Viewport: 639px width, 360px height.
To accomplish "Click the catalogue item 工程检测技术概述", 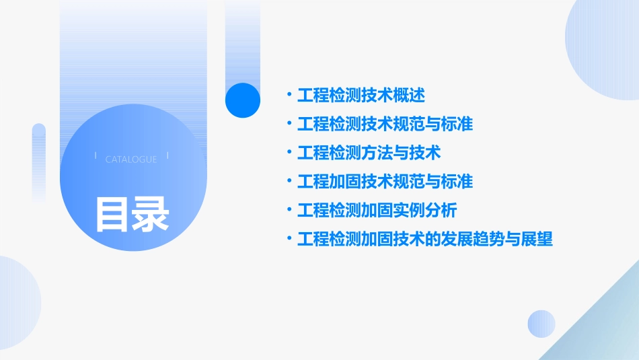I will click(x=361, y=95).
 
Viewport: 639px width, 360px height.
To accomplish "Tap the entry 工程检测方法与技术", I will click(x=369, y=153).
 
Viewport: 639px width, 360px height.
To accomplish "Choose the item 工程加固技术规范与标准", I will click(x=385, y=181).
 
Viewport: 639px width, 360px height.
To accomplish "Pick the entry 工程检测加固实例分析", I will click(x=377, y=210).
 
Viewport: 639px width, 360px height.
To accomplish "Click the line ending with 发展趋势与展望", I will click(x=424, y=239).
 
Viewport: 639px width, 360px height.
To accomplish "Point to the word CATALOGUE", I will click(x=131, y=159).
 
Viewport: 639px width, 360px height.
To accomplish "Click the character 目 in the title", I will click(x=112, y=213).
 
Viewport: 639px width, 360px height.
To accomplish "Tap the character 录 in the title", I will click(x=150, y=213).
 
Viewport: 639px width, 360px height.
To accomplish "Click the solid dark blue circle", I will click(x=242, y=100).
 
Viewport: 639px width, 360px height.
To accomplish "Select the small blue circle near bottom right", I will click(x=541, y=324).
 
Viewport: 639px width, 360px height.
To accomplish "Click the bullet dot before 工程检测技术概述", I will click(x=289, y=95).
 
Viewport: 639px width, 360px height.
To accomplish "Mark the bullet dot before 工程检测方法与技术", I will click(x=289, y=153).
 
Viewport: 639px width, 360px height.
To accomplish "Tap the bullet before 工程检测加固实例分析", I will click(x=289, y=210).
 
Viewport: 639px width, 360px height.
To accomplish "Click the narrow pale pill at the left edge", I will click(x=39, y=161).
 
